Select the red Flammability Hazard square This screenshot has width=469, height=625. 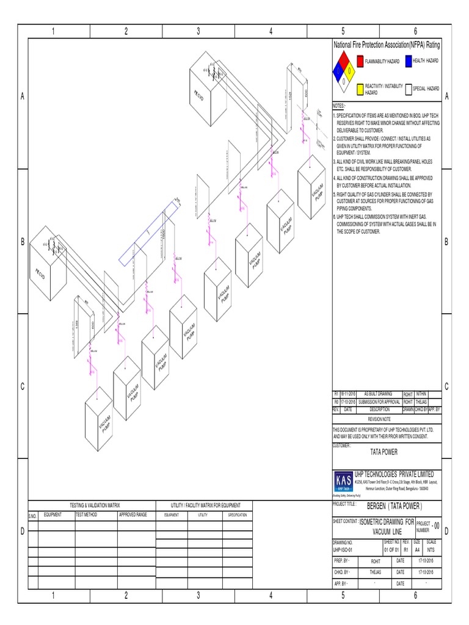click(360, 62)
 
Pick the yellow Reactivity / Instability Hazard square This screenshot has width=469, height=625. click(360, 89)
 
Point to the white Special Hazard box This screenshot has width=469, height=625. click(408, 89)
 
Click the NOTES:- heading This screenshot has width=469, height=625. click(340, 105)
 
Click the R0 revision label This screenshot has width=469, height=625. click(336, 402)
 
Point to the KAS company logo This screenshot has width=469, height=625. click(344, 482)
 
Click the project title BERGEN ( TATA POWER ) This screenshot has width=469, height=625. click(394, 506)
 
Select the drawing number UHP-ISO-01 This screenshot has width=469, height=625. click(343, 549)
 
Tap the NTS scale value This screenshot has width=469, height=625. click(431, 549)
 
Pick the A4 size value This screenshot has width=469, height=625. click(417, 549)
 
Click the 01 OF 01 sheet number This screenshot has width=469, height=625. click(391, 549)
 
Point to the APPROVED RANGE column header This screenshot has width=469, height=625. click(133, 515)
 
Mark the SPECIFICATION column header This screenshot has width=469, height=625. click(238, 515)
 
